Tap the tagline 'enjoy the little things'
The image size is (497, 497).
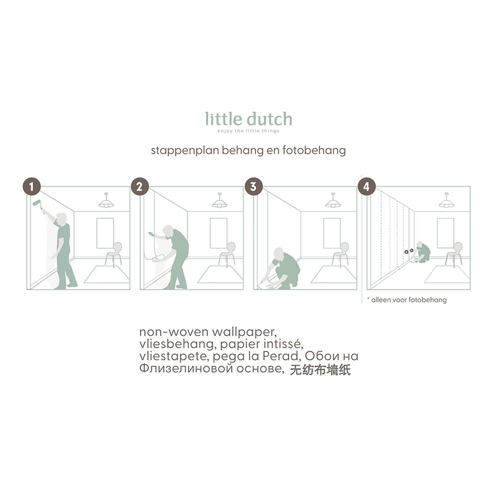click(x=248, y=131)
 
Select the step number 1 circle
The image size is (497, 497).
click(x=31, y=187)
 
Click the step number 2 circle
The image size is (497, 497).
click(x=140, y=187)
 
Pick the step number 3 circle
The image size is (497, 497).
click(x=253, y=187)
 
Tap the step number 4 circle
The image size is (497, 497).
click(x=367, y=187)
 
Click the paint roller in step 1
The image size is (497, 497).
click(x=39, y=205)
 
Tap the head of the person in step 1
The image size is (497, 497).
click(x=61, y=219)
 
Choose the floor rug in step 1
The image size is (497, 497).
click(x=107, y=274)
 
